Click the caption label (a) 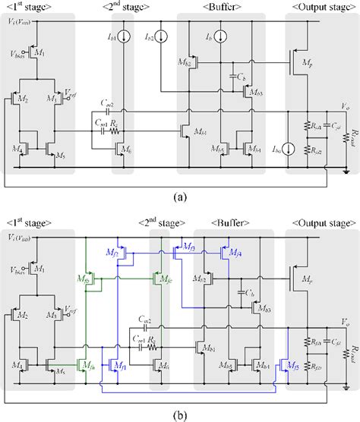point(179,196)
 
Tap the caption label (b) point(179,413)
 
